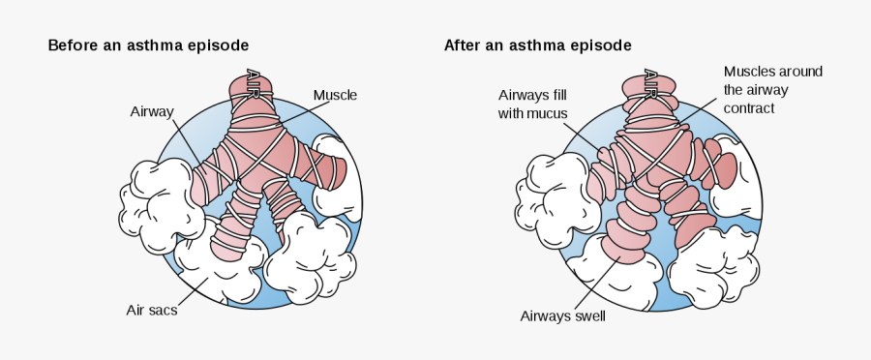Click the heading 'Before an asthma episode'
pos(148,45)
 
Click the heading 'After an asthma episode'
pos(537,45)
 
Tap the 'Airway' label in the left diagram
pos(151,111)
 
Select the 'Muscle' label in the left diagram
pos(335,95)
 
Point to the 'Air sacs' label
pos(151,311)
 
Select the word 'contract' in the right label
pos(750,108)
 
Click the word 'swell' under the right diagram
pos(587,315)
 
